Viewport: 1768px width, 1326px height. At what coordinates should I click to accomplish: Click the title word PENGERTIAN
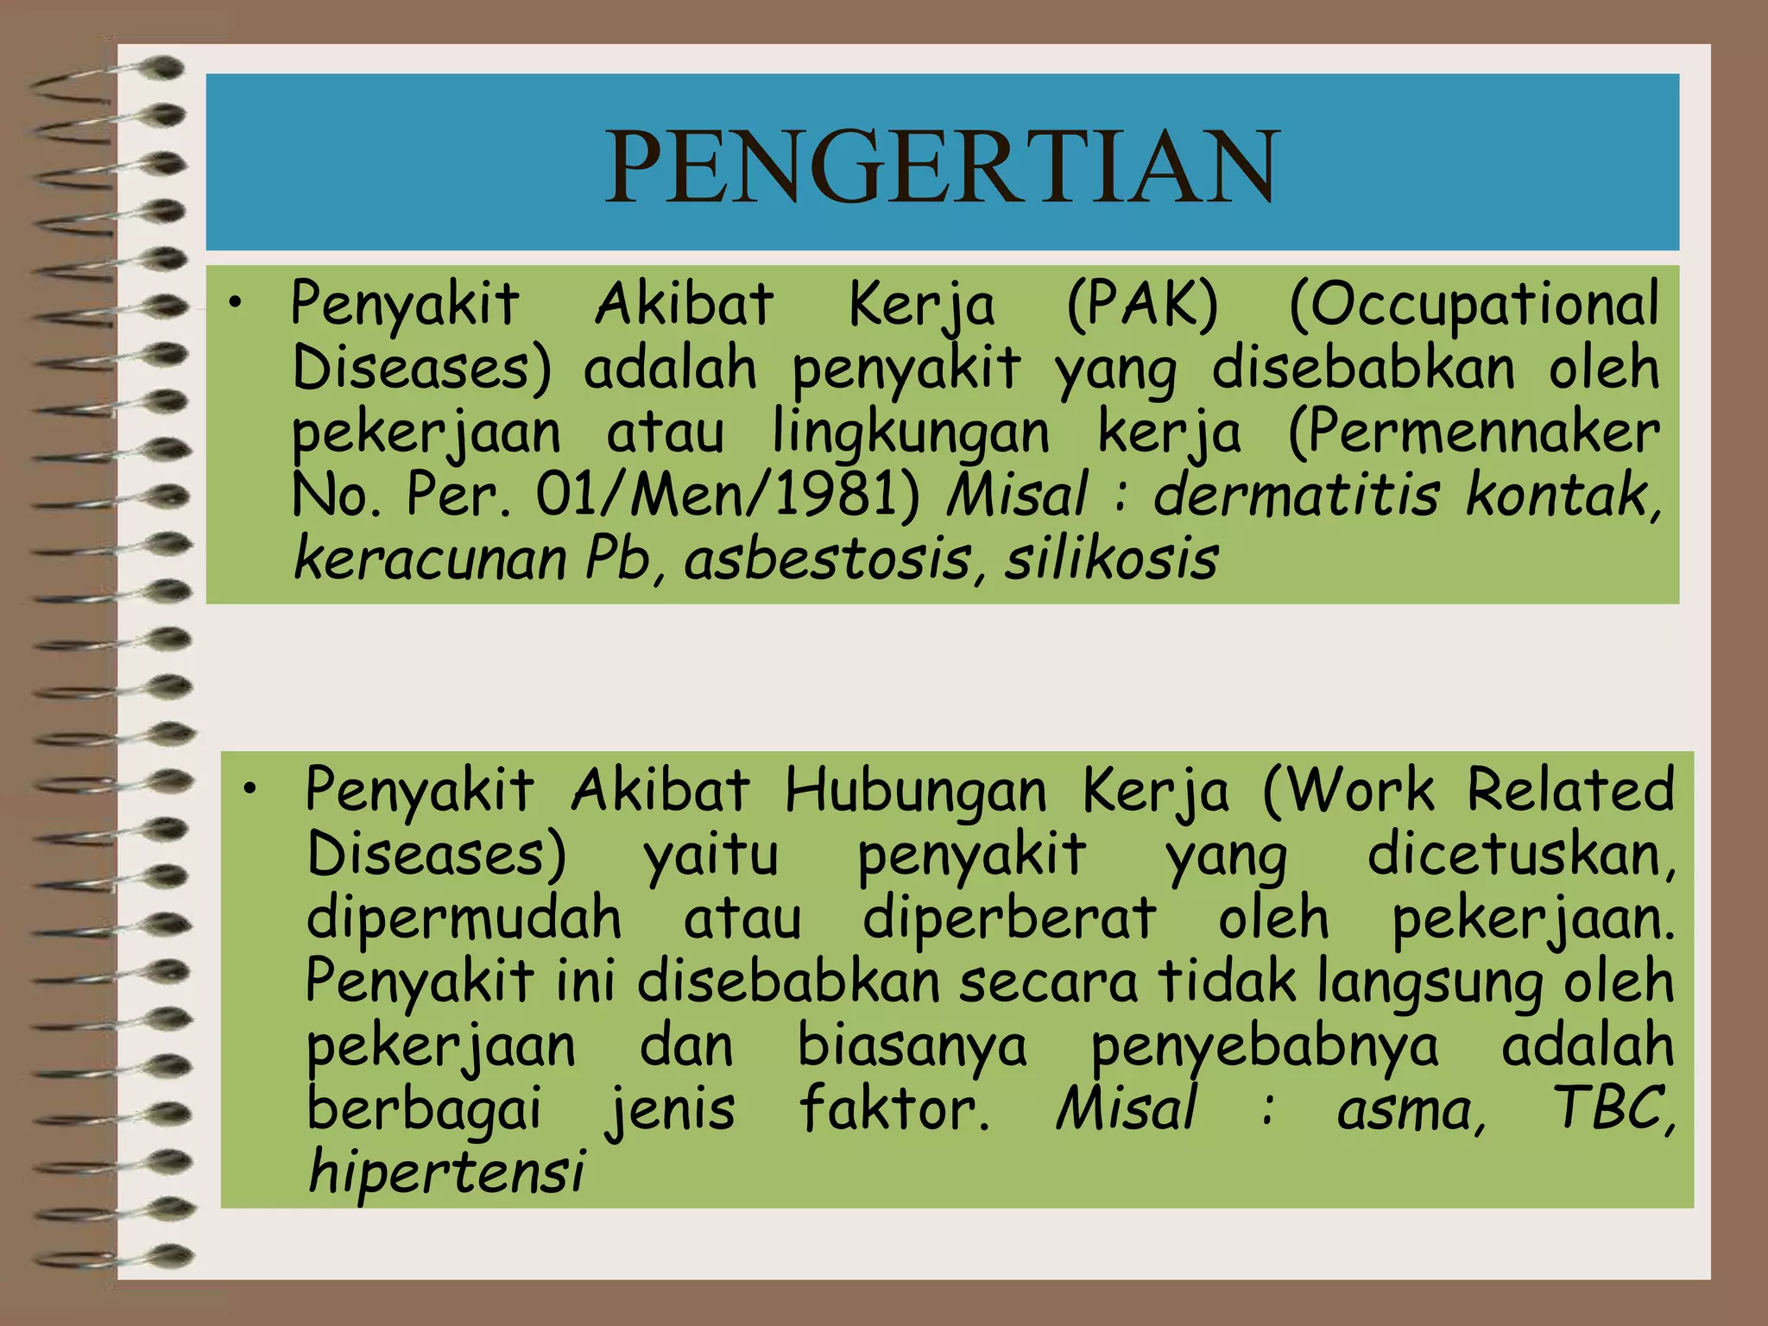coord(941,166)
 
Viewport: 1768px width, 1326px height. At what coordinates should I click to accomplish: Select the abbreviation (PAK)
coord(1142,305)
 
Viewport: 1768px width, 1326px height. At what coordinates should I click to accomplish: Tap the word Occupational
coord(1474,305)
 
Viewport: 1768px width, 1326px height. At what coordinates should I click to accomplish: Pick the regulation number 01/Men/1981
coord(728,496)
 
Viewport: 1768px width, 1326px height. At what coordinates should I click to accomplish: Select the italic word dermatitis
coord(1296,496)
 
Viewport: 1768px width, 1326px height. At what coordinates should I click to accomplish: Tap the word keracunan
coord(429,559)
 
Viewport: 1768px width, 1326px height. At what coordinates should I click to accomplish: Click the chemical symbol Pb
coord(618,559)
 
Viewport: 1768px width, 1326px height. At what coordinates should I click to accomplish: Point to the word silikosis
coord(1111,559)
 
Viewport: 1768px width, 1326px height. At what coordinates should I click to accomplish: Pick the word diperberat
coord(1010,918)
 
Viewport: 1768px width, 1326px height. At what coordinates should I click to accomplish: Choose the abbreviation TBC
coord(1611,1108)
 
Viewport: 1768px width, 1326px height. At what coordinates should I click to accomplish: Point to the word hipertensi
coord(446,1172)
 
